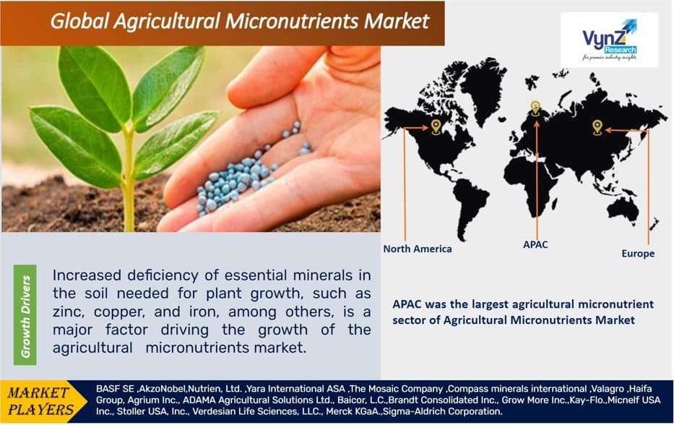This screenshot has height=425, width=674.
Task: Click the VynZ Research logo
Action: coord(609,40)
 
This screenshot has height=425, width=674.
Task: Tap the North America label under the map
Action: coord(418,249)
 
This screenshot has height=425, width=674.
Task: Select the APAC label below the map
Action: coord(535,245)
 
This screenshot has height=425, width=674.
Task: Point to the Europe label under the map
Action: coord(638,254)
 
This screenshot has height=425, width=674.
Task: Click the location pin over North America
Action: coord(436,127)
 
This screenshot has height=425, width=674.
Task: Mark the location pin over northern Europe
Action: coord(535,108)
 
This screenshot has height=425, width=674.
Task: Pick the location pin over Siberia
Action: coord(597,127)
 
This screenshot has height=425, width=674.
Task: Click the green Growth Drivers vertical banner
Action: coord(25,315)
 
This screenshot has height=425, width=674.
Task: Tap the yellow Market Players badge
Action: coord(44,401)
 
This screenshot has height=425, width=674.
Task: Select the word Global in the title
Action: coord(79,21)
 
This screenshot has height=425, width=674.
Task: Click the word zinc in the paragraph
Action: coord(69,312)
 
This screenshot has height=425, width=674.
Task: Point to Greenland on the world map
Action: coord(481,88)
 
